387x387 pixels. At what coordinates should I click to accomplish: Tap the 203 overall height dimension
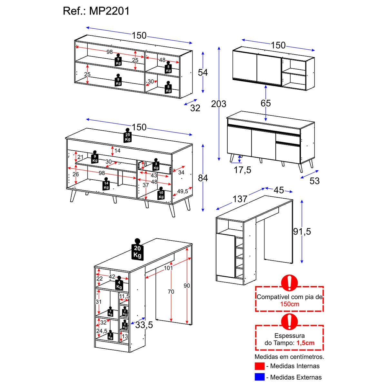click(219, 104)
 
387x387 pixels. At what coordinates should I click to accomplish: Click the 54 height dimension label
click(203, 73)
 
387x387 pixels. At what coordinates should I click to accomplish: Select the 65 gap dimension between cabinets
click(266, 103)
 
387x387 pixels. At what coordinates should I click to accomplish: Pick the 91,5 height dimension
click(302, 231)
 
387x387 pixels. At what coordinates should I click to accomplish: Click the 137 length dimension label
click(240, 199)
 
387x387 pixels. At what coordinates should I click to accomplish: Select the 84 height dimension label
click(203, 178)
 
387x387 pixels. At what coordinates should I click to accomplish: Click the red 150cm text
click(289, 304)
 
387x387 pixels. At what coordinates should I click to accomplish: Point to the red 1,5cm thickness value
click(305, 343)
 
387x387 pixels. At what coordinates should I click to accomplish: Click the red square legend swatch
click(260, 366)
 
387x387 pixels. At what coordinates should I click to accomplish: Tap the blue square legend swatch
click(260, 377)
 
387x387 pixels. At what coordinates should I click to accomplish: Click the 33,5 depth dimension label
click(144, 325)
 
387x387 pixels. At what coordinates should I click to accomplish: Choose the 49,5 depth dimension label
click(182, 191)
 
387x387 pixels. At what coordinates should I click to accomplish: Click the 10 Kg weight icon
click(161, 194)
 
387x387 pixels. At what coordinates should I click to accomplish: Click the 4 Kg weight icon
click(119, 284)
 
